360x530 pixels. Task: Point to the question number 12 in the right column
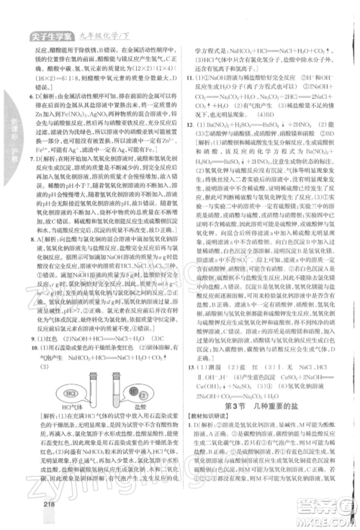[189, 125]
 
